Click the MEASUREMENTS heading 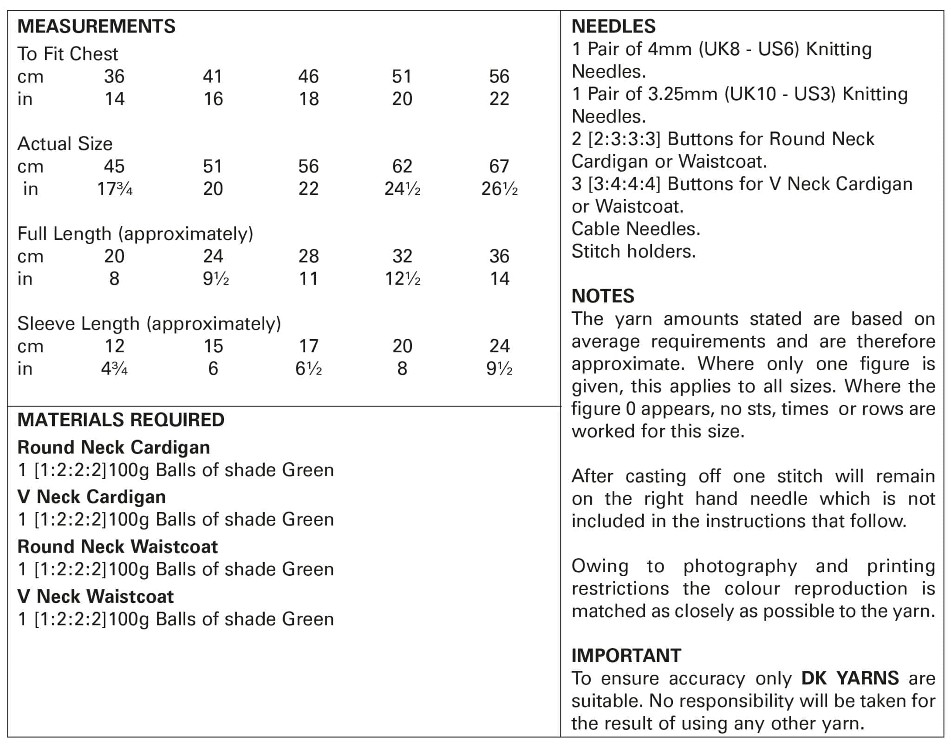pyautogui.click(x=96, y=26)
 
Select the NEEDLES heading pyautogui.click(x=613, y=26)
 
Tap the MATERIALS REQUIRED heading pyautogui.click(x=121, y=420)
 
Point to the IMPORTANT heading pyautogui.click(x=626, y=656)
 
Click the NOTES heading pyautogui.click(x=603, y=296)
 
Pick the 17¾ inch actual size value pyautogui.click(x=114, y=189)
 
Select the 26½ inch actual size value pyautogui.click(x=499, y=189)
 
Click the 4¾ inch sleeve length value pyautogui.click(x=114, y=369)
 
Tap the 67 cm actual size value pyautogui.click(x=499, y=166)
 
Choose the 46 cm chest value pyautogui.click(x=308, y=77)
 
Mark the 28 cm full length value pyautogui.click(x=308, y=256)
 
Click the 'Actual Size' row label pyautogui.click(x=65, y=144)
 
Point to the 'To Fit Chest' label pyautogui.click(x=68, y=54)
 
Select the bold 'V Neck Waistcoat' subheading pyautogui.click(x=95, y=597)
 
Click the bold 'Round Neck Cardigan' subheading pyautogui.click(x=113, y=448)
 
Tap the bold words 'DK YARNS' pyautogui.click(x=850, y=678)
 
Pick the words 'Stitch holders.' pyautogui.click(x=633, y=251)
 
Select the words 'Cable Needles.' pyautogui.click(x=635, y=229)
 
